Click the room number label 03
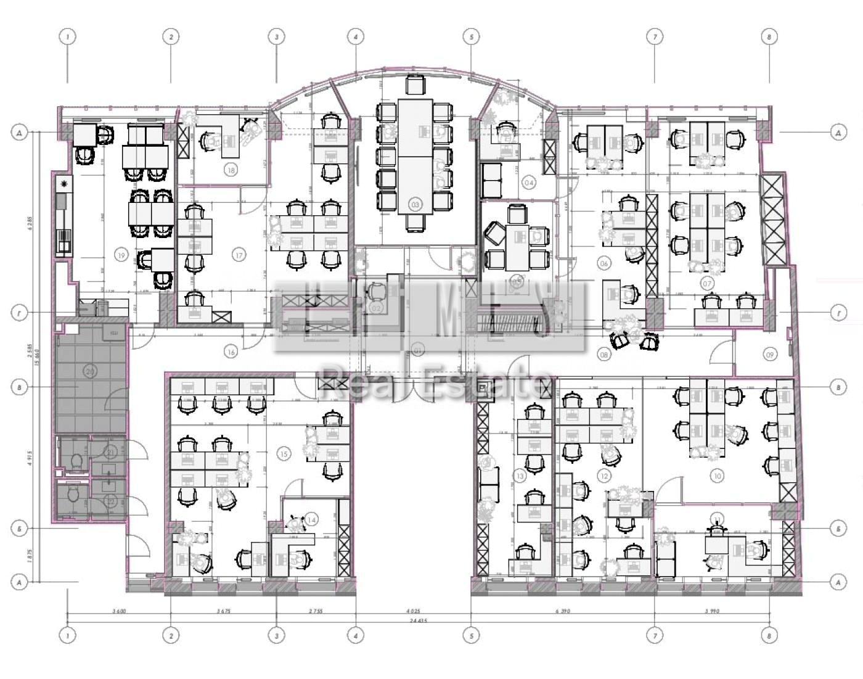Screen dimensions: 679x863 tap(415, 204)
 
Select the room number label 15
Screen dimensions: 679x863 tap(284, 454)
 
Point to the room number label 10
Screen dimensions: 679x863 tap(717, 475)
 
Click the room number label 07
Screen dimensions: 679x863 tap(707, 284)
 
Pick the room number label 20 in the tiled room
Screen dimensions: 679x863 tap(90, 371)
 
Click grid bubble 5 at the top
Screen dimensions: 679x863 tap(472, 37)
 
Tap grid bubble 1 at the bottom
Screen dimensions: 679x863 tap(68, 635)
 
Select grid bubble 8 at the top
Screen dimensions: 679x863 tap(769, 37)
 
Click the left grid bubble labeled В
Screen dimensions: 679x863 tap(20, 387)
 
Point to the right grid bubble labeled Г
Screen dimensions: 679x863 tap(838, 313)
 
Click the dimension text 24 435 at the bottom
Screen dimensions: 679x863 tap(419, 622)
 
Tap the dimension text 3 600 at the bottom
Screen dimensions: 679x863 tap(119, 611)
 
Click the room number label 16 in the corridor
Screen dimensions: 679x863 tap(231, 352)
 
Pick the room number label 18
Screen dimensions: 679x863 tap(231, 170)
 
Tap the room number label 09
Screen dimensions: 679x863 tap(770, 355)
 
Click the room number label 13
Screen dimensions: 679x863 tap(520, 475)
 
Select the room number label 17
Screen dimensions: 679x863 tap(239, 254)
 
